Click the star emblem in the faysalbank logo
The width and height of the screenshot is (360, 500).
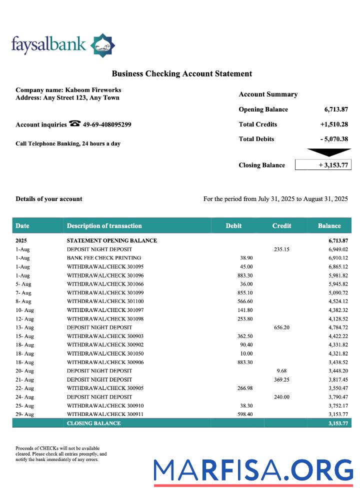(102, 46)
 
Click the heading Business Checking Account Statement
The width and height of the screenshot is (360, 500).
(181, 74)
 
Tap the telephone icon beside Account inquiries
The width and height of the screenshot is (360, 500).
(75, 124)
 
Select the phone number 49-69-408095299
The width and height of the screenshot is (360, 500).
(107, 124)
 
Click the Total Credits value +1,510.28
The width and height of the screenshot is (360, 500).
(334, 124)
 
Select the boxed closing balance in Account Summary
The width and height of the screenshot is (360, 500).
(323, 165)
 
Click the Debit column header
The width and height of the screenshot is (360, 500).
(233, 226)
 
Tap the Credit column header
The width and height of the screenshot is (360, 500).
(281, 226)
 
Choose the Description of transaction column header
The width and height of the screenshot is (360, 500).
(104, 226)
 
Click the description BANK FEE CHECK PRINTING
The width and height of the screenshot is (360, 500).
(104, 258)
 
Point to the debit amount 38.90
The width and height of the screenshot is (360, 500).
(245, 258)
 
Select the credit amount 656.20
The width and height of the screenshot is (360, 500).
(282, 327)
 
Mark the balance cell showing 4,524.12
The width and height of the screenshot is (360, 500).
(338, 301)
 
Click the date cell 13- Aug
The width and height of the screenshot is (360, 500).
(25, 327)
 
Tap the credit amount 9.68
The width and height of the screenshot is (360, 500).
(282, 371)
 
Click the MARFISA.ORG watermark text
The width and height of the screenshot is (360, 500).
(253, 470)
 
